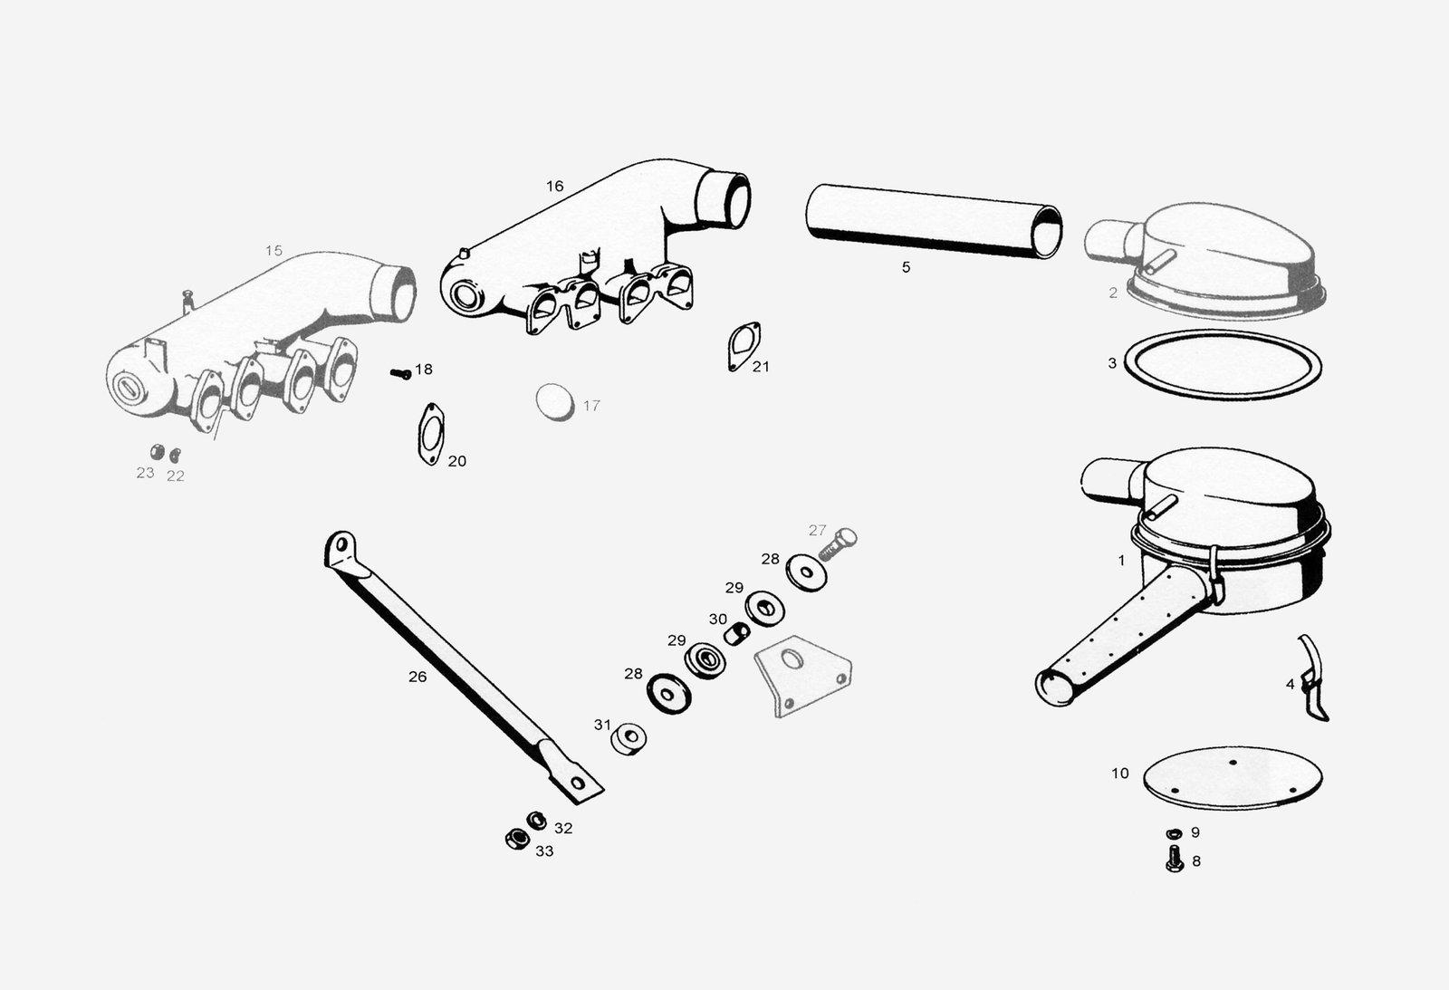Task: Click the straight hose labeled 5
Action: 934,221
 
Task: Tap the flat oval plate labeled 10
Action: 1233,777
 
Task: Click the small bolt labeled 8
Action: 1175,859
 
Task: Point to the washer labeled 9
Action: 1174,832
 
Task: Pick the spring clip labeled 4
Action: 1312,678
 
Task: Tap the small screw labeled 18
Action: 401,373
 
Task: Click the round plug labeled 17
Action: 555,402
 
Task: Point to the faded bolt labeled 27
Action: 839,543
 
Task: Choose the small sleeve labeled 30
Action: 736,633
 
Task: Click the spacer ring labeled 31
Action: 629,739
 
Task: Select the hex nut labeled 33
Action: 517,840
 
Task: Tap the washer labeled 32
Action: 536,821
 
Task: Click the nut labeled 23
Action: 158,452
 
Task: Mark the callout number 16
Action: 554,187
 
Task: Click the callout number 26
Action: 417,677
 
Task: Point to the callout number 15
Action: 273,250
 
